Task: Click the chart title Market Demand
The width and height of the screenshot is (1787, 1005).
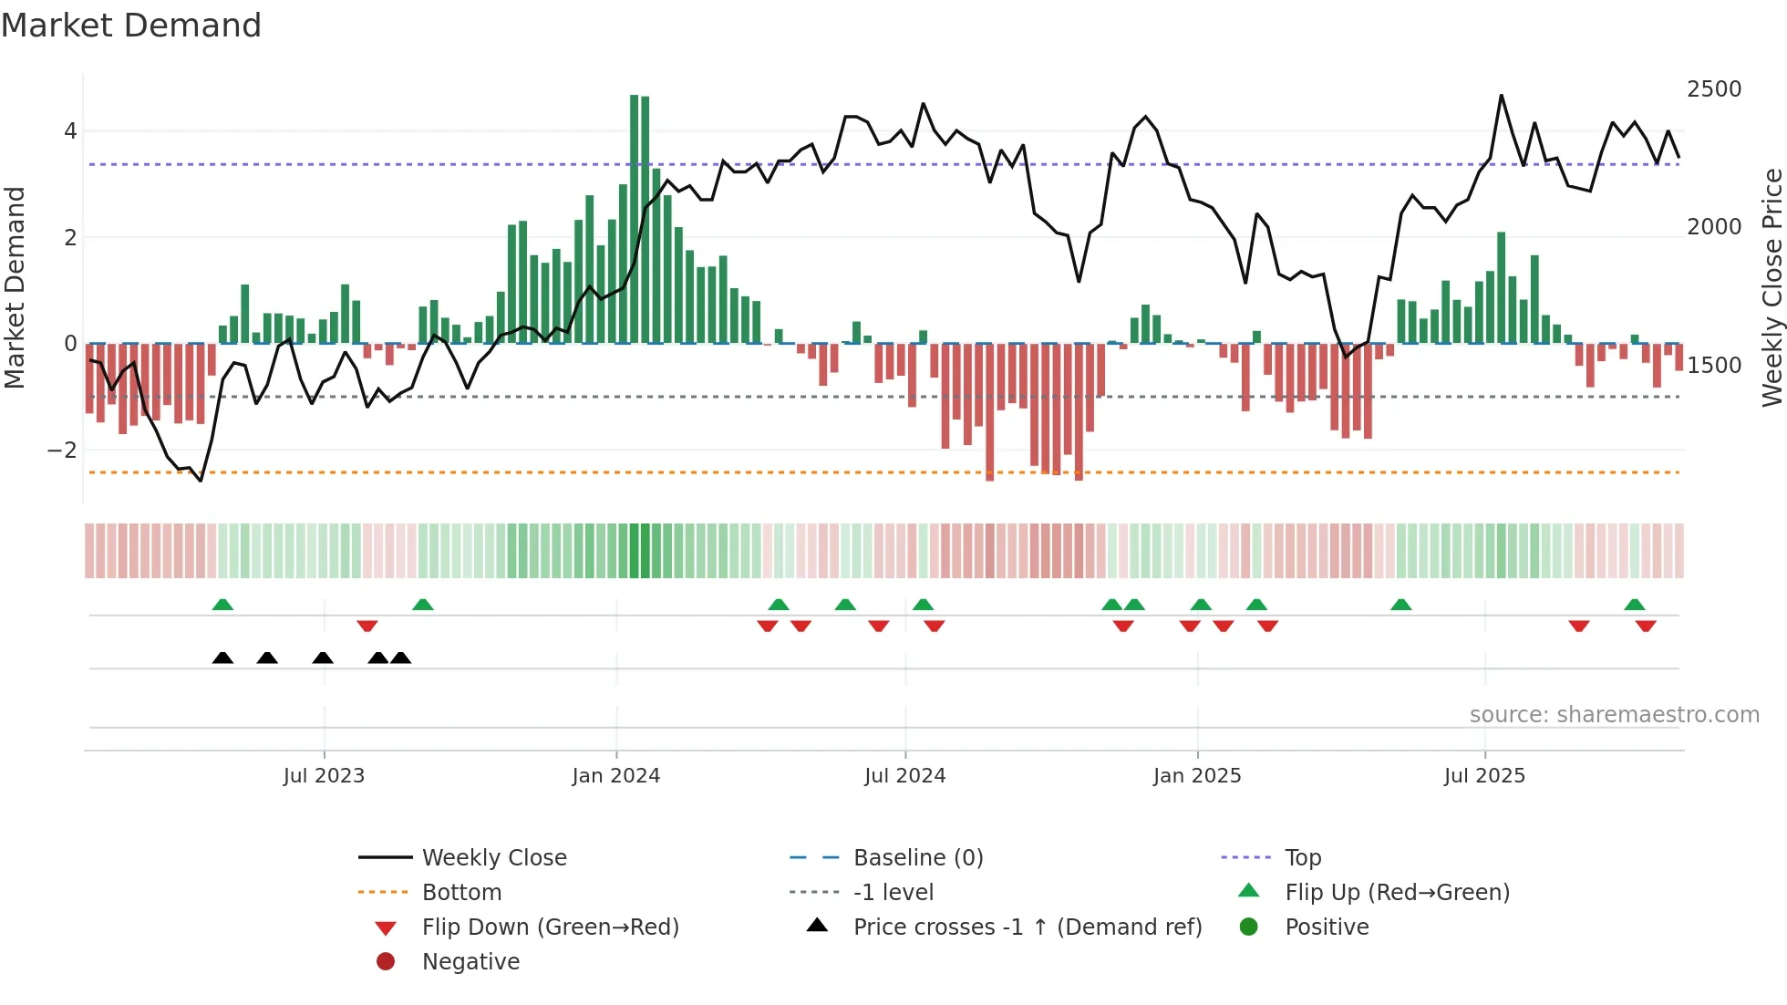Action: click(131, 26)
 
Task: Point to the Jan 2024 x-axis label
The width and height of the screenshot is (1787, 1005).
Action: click(615, 775)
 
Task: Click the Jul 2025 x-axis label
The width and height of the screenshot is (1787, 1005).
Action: click(1483, 775)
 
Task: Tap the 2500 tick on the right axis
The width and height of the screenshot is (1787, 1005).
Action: click(1713, 89)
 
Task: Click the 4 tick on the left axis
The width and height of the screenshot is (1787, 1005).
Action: click(70, 131)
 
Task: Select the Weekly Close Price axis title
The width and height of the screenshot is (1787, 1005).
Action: click(1772, 287)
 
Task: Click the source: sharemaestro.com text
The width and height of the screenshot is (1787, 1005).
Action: click(1614, 715)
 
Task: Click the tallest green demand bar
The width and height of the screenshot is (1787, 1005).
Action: click(635, 219)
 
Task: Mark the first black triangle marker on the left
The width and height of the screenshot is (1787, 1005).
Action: click(222, 658)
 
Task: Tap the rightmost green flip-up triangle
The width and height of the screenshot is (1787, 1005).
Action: click(1634, 605)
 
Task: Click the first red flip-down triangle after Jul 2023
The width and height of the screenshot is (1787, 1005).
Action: click(367, 626)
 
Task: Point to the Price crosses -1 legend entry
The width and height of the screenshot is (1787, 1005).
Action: click(1027, 927)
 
